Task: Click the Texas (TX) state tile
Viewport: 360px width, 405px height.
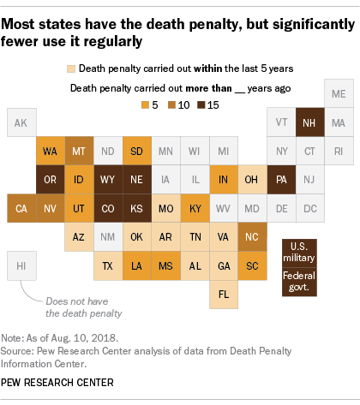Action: point(109,265)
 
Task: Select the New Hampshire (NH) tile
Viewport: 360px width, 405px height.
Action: point(310,123)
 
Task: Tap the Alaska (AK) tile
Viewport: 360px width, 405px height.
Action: point(21,123)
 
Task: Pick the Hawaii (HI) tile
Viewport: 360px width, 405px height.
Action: point(21,265)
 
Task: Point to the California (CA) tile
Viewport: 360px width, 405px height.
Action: point(21,208)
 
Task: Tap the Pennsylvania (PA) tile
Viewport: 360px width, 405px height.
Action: point(281,180)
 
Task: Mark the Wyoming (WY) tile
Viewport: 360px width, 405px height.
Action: point(109,180)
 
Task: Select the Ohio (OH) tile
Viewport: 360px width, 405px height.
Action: point(253,180)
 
